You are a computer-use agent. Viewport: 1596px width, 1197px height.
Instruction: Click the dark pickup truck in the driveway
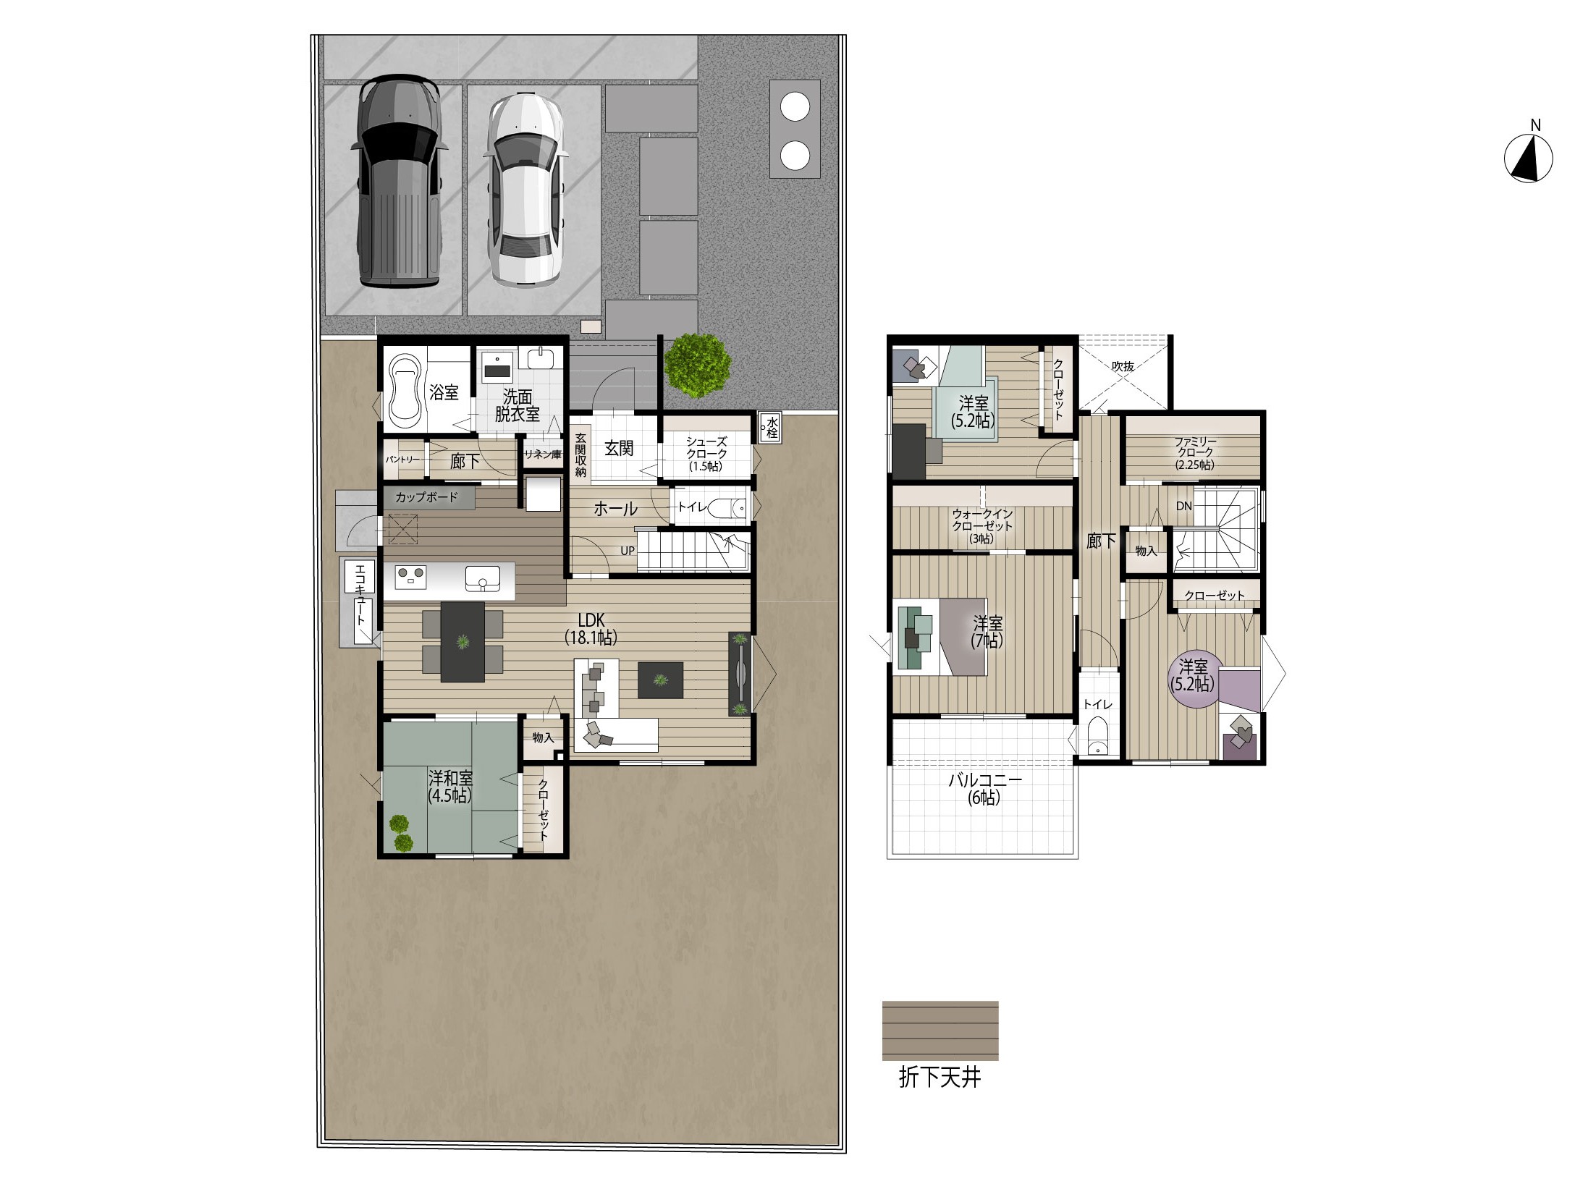point(397,183)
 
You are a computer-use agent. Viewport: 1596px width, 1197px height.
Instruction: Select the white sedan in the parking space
point(525,190)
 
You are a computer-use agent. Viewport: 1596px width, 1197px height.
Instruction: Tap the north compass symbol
point(1528,158)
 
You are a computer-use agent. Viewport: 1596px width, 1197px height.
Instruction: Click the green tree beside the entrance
point(697,365)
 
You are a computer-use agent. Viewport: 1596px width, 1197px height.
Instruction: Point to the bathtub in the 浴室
point(405,392)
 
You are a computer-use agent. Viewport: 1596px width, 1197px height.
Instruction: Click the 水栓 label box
point(769,428)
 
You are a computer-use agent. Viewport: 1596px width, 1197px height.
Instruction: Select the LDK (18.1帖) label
point(591,628)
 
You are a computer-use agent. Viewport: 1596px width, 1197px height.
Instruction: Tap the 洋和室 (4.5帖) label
point(449,786)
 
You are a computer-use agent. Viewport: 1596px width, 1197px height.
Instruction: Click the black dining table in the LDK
point(463,641)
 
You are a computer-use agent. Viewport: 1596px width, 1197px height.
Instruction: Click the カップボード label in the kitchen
point(426,497)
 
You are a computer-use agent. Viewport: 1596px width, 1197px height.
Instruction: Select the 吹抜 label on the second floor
point(1123,366)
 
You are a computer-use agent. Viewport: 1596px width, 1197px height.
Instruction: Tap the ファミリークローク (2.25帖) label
point(1195,453)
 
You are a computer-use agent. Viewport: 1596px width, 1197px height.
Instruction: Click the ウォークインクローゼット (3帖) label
point(981,526)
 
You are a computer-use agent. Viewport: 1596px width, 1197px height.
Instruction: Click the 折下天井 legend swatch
point(940,1031)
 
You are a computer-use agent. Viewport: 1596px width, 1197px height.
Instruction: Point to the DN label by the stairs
point(1183,506)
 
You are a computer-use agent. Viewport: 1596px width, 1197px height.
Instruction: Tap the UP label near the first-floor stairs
point(627,551)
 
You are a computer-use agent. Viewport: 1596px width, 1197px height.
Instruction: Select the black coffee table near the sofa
point(659,680)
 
